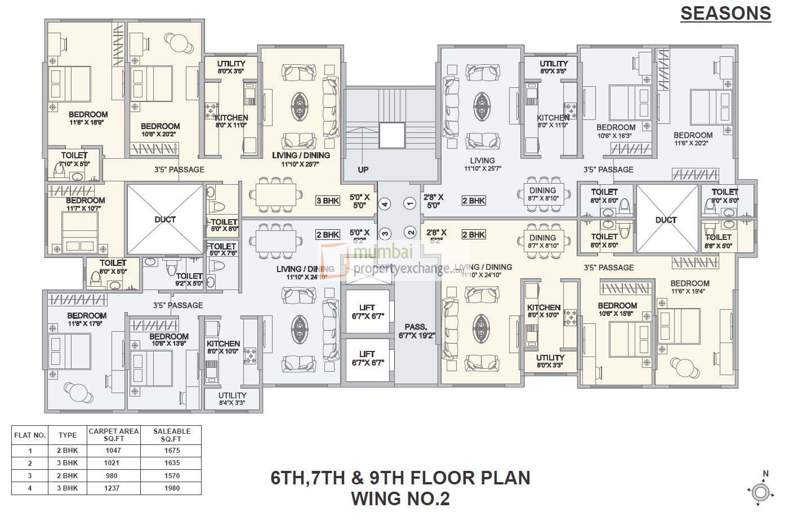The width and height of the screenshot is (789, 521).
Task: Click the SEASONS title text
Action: [725, 13]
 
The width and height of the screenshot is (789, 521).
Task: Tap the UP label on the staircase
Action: [363, 169]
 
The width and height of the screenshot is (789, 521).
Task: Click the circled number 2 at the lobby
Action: [411, 232]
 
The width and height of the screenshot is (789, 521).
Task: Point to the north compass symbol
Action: [760, 492]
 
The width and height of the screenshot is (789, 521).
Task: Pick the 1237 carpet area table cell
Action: [112, 488]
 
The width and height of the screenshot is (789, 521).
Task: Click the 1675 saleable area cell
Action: [171, 450]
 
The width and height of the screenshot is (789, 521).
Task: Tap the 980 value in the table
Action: [112, 475]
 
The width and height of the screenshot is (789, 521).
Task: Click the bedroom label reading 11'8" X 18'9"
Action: [88, 118]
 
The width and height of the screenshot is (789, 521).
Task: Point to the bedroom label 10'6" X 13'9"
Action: [169, 340]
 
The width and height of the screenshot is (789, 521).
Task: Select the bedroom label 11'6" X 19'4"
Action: [690, 287]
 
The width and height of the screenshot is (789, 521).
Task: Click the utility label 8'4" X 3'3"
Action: [231, 399]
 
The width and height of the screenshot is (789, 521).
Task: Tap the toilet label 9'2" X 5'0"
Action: [189, 279]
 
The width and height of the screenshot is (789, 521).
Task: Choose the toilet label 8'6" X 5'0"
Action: [718, 241]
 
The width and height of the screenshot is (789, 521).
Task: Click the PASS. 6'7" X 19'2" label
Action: [415, 331]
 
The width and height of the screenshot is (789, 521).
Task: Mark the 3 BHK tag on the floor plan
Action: [327, 201]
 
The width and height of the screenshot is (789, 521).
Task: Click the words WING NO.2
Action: [400, 498]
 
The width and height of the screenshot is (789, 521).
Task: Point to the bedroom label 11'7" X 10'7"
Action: [85, 204]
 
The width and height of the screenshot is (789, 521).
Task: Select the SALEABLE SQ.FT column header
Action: [171, 434]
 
